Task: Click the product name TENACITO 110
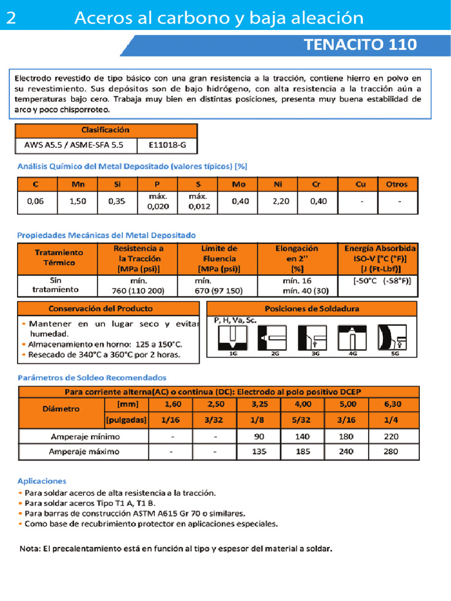[x=361, y=45]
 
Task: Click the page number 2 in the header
[x=11, y=19]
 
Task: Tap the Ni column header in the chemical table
[x=278, y=184]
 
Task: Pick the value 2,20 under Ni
[x=281, y=202]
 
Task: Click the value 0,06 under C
[x=36, y=202]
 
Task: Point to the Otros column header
[x=397, y=184]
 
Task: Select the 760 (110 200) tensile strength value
[x=139, y=291]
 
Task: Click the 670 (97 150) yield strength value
[x=218, y=291]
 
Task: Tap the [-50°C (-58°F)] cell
[x=382, y=281]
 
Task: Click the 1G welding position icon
[x=233, y=339]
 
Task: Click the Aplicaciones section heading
[x=42, y=481]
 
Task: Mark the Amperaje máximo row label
[x=85, y=452]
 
